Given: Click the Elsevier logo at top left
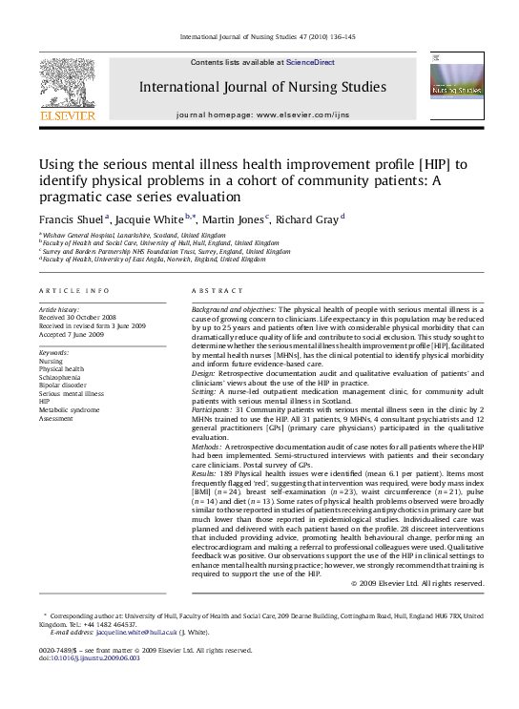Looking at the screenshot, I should click(x=67, y=89).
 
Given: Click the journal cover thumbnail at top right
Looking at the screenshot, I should click(x=455, y=87).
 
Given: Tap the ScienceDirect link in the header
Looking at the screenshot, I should click(x=310, y=62).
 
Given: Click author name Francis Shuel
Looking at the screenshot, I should click(x=71, y=219).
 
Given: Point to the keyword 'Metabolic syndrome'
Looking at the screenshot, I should click(x=69, y=409).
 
